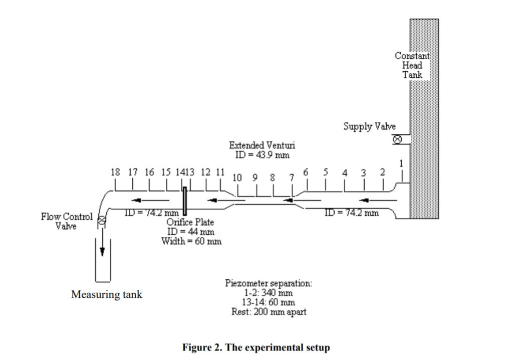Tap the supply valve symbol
coord(397,139)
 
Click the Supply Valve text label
coord(369,126)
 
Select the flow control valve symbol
coord(102,221)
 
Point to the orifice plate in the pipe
coord(184,201)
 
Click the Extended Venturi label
coord(262,145)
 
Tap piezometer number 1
coord(401,163)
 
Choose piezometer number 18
coord(115,172)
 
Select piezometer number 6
coord(306,172)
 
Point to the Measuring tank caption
coord(106,294)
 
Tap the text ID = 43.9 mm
coord(262,155)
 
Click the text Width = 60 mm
coord(191,241)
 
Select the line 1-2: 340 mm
coord(269,293)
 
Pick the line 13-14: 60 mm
coord(269,302)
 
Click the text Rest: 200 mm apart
coord(269,312)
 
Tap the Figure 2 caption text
coord(256,347)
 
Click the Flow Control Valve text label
coord(67,222)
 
